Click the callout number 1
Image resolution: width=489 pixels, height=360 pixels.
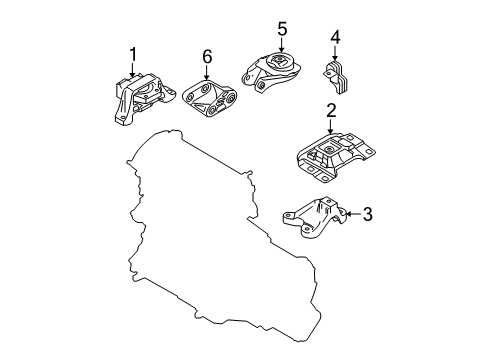point(133,54)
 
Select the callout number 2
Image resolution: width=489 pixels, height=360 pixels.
point(331,111)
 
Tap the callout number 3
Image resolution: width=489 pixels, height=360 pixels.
point(367,214)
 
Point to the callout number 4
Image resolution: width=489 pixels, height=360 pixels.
point(335,37)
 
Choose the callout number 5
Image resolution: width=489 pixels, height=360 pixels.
point(282,29)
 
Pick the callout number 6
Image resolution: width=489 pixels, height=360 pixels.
point(207,57)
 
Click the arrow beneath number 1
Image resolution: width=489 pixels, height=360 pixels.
point(133,71)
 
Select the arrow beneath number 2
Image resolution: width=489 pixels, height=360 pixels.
point(330,127)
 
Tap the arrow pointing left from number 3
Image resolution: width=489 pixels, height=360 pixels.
point(353,214)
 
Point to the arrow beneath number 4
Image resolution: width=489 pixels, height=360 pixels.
point(335,53)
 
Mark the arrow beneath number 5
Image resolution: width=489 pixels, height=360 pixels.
point(282,45)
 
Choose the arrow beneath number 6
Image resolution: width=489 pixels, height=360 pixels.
point(207,73)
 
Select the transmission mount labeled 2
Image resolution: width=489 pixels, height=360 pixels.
point(335,157)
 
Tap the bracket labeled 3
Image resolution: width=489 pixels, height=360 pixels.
point(315,217)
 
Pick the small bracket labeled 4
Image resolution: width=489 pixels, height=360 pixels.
point(336,77)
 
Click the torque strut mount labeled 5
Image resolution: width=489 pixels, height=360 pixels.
point(271,73)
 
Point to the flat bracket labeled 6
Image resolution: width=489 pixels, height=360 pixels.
point(210,99)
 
